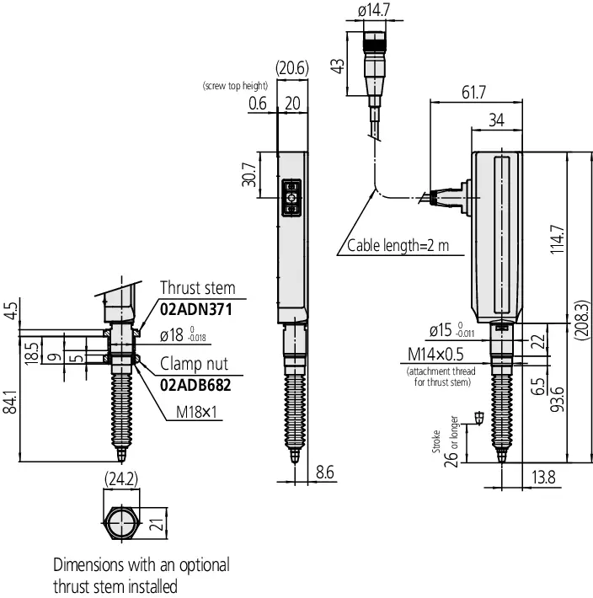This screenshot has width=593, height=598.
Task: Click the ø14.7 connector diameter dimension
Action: [374, 10]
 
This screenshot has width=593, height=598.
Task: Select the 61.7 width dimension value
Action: [473, 93]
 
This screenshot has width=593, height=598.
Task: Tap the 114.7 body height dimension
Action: [557, 239]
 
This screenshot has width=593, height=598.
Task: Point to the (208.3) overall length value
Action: [581, 319]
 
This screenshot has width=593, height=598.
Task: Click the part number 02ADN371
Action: [196, 310]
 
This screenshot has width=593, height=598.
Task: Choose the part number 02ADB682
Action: [195, 385]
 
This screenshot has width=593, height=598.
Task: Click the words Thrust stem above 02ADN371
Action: [198, 288]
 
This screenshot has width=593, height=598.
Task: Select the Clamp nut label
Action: [194, 364]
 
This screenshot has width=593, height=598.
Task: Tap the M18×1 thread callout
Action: [196, 412]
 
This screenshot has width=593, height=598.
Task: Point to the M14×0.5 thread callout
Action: [435, 355]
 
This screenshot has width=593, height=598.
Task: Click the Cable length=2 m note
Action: [398, 246]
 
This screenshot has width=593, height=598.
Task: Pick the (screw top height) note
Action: [235, 86]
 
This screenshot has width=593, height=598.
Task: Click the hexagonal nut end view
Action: [121, 523]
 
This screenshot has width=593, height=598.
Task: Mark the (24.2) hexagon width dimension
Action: [121, 479]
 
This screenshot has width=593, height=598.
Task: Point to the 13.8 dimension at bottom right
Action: [543, 477]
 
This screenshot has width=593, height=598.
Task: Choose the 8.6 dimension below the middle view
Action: [325, 473]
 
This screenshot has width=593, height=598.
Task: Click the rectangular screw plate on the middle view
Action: [291, 198]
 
